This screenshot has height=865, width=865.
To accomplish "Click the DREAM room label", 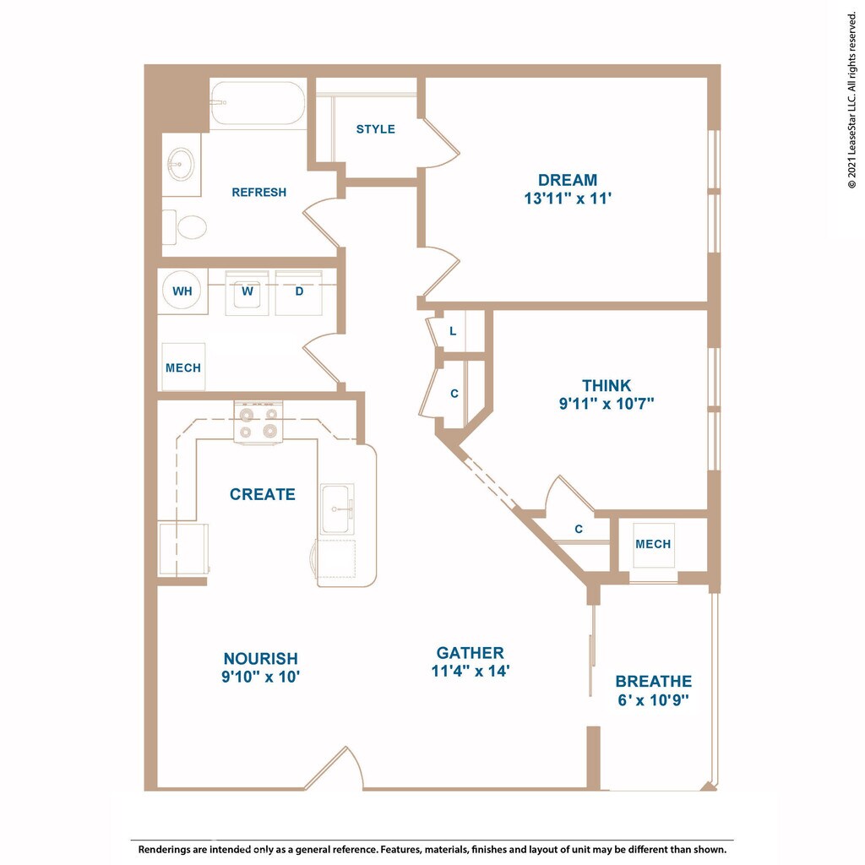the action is pyautogui.click(x=567, y=180).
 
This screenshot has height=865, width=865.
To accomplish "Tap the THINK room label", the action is pyautogui.click(x=606, y=386).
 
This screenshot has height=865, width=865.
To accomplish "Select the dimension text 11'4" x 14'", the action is pyautogui.click(x=471, y=672).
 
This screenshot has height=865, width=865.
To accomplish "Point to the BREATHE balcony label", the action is pyautogui.click(x=653, y=681).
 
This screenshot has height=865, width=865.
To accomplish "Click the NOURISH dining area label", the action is pyautogui.click(x=260, y=658).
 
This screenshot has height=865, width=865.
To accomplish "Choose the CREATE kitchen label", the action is pyautogui.click(x=263, y=494).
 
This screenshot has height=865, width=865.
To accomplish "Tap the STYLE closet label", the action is pyautogui.click(x=375, y=129).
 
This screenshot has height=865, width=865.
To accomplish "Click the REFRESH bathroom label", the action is pyautogui.click(x=258, y=193).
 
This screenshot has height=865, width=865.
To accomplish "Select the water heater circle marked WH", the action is pyautogui.click(x=182, y=291).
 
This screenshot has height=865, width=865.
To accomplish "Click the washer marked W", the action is pyautogui.click(x=248, y=292).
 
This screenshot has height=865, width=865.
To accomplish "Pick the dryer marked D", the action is pyautogui.click(x=299, y=292).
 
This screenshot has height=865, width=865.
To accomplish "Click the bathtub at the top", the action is pyautogui.click(x=258, y=104).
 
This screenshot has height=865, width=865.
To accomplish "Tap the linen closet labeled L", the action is pyautogui.click(x=454, y=331).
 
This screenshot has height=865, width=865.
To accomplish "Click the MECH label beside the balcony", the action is pyautogui.click(x=653, y=544).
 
